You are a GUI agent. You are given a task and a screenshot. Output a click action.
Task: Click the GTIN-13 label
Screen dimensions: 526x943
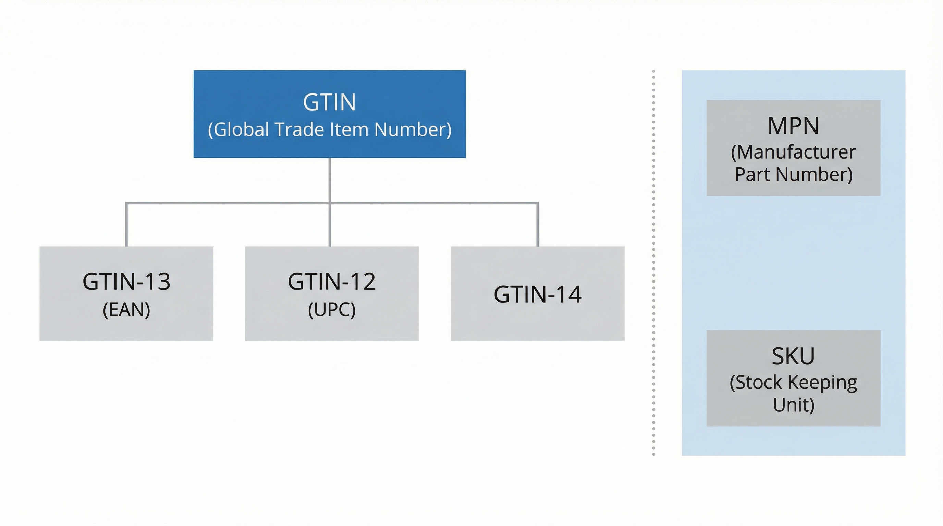[126, 281]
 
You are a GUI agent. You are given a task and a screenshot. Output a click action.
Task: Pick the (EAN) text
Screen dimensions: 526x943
[126, 310]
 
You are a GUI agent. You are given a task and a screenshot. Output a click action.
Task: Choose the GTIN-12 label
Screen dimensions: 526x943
[332, 281]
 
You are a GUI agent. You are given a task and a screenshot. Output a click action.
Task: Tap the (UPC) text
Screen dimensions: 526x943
[332, 310]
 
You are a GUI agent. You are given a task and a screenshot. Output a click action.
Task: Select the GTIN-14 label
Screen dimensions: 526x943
[537, 295]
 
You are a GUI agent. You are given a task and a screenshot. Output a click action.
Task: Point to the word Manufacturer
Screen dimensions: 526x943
[793, 152]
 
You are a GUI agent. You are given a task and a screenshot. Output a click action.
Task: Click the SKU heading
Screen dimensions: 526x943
[793, 356]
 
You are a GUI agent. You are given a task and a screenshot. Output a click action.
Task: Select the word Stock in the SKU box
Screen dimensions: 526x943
[756, 383]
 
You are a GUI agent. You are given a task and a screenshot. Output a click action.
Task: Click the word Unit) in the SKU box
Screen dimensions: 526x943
[793, 405]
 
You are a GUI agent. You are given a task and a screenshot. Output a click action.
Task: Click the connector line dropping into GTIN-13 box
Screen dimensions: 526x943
[126, 225]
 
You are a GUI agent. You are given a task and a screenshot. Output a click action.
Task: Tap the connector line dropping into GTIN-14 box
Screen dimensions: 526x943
[537, 225]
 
